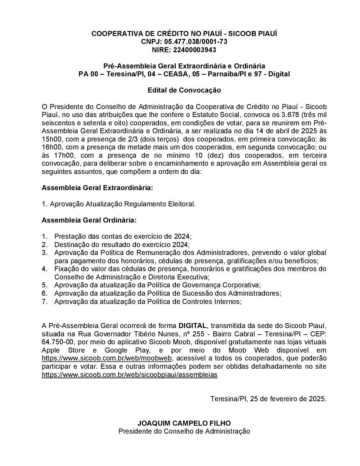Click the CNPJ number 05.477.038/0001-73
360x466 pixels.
point(196,42)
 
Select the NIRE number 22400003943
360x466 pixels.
point(195,50)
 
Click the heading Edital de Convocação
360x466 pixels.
point(184,90)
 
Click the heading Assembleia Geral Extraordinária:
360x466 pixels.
point(97,188)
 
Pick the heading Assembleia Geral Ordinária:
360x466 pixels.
point(89,220)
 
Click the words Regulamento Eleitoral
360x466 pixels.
point(159,204)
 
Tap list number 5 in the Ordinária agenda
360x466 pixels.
point(45,285)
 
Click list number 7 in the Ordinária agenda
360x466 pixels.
point(45,301)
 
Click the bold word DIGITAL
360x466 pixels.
point(193,326)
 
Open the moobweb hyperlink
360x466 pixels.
point(107,358)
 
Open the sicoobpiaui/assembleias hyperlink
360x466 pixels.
point(130,375)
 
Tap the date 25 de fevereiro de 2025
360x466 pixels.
point(288,399)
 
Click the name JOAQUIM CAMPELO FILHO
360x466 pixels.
point(184,423)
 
